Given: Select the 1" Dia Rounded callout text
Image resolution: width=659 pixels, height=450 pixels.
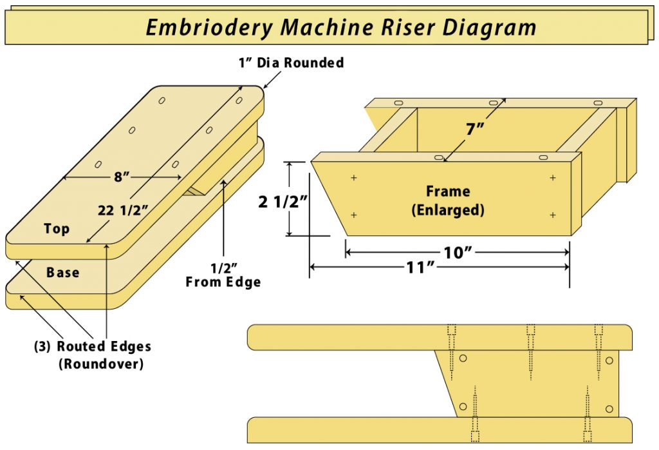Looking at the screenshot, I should (292, 63).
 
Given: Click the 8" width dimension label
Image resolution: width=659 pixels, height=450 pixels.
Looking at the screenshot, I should (122, 177).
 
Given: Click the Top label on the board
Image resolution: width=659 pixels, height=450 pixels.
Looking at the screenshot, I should (57, 228).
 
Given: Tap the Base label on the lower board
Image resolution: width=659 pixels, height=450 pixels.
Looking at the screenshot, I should (62, 272).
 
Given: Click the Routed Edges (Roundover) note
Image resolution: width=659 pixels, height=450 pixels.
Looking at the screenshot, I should (93, 355).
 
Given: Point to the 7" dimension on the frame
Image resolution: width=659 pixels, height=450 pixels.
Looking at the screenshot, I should (475, 129).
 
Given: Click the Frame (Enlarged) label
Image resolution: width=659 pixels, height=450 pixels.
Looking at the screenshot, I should (448, 200).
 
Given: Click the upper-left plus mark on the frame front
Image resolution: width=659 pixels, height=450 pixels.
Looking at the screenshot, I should (353, 177).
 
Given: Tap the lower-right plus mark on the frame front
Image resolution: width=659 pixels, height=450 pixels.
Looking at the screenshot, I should (552, 215).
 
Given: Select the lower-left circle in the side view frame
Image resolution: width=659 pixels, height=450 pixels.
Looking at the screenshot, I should (463, 407).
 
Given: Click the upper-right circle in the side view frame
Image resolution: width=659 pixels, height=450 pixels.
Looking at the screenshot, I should (608, 361).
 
